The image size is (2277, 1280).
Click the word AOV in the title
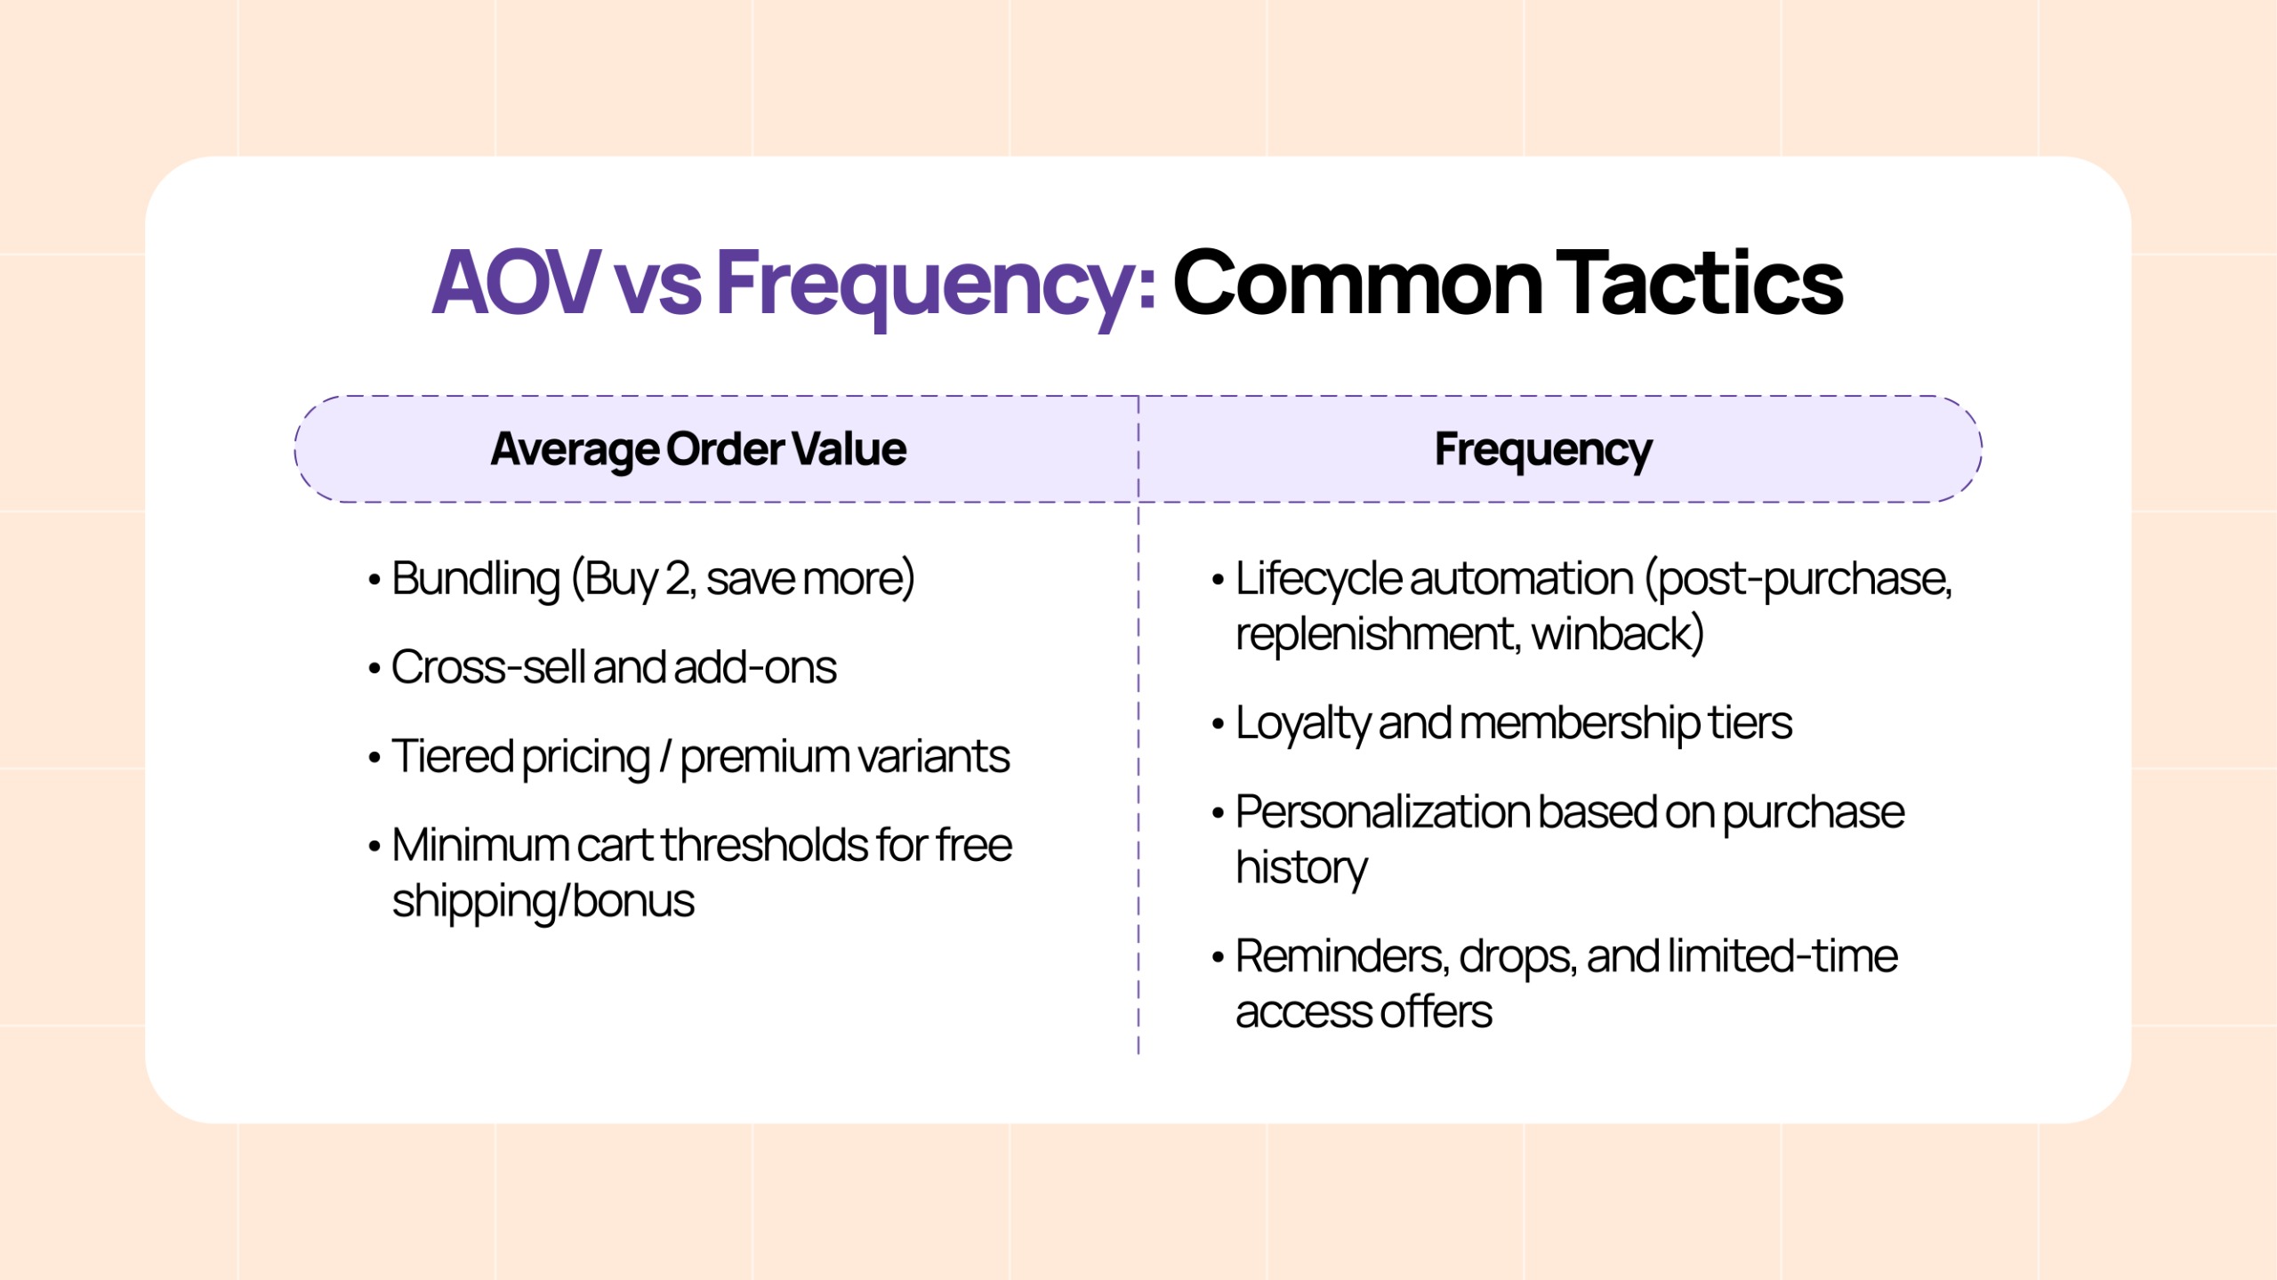tap(516, 283)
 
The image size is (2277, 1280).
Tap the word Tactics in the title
tap(1701, 283)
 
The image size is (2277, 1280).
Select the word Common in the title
tap(1357, 283)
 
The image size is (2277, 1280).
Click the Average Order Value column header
tap(698, 449)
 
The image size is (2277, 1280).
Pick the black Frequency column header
tap(1543, 449)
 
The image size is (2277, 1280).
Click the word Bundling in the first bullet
tap(476, 579)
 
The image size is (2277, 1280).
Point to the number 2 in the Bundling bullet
tap(678, 579)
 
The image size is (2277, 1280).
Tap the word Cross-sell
tap(487, 667)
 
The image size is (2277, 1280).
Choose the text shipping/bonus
tap(543, 901)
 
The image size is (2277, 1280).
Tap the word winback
tap(1617, 634)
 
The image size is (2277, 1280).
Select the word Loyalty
tap(1302, 723)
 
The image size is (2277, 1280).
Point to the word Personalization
tap(1382, 812)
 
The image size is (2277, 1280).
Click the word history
tap(1301, 867)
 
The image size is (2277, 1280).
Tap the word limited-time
tap(1782, 956)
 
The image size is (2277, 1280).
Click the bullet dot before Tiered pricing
tap(374, 758)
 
